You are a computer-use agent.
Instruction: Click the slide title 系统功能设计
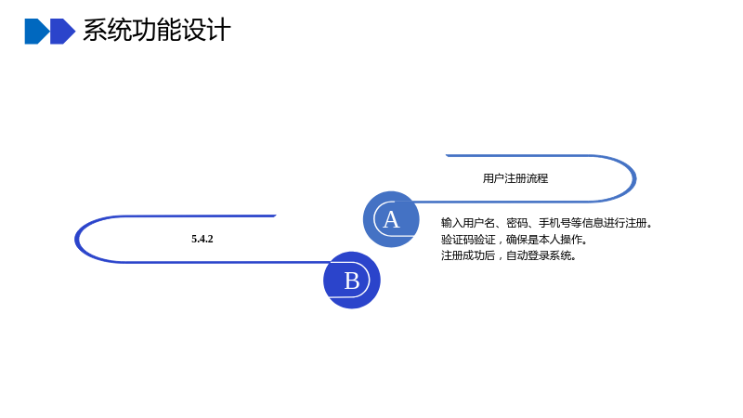click(157, 31)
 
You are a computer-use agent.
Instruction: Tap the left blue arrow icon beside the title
click(37, 32)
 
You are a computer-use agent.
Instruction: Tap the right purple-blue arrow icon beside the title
click(62, 32)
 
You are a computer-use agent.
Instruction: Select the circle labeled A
click(391, 219)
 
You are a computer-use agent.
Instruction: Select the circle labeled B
click(352, 281)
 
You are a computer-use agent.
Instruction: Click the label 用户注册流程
click(515, 178)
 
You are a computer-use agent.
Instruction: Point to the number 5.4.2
click(202, 239)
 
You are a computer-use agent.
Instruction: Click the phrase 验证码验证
click(468, 240)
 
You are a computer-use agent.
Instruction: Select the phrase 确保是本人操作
click(544, 240)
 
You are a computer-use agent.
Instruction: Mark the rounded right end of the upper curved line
click(634, 178)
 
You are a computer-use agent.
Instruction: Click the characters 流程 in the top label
click(538, 178)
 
